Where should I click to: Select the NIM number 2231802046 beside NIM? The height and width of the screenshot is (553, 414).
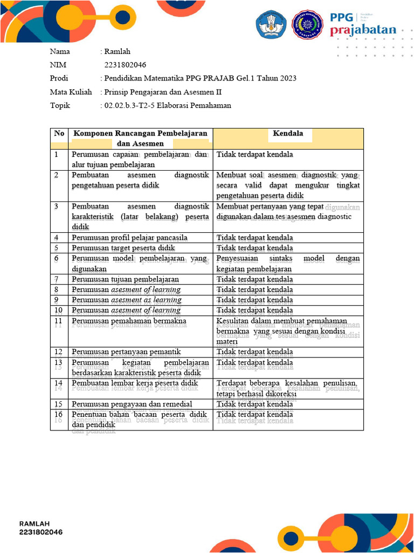click(125, 65)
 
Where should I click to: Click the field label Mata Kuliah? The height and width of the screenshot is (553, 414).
click(71, 92)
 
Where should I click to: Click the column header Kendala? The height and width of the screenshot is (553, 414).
click(288, 133)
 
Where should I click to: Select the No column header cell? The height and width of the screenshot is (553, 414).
click(59, 133)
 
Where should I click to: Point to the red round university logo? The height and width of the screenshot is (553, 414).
click(308, 24)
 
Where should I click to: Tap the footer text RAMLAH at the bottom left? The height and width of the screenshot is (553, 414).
click(34, 523)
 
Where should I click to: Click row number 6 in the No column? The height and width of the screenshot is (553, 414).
click(56, 259)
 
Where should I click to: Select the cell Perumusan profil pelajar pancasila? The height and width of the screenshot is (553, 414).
click(129, 238)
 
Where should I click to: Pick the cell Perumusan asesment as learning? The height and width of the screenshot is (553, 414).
click(126, 300)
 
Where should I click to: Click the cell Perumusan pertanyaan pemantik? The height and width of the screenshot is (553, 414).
click(126, 352)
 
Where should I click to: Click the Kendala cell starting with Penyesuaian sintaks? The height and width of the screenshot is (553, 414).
click(288, 264)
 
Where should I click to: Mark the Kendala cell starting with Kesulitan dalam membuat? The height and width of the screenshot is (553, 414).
click(288, 331)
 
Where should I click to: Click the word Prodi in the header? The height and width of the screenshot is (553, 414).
click(59, 78)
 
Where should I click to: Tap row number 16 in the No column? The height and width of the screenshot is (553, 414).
click(59, 415)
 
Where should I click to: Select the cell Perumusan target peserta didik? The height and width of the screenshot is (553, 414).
click(123, 248)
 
